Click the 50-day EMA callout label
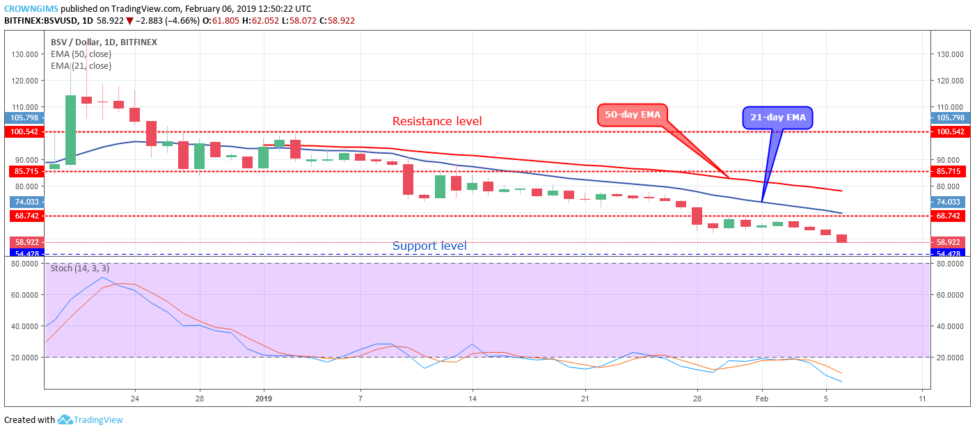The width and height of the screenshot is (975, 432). (x=632, y=114)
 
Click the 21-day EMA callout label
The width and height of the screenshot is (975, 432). (x=778, y=118)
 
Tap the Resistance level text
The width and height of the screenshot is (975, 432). (x=437, y=122)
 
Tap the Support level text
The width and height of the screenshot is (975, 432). (x=429, y=246)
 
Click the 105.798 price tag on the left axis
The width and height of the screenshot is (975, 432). (x=24, y=118)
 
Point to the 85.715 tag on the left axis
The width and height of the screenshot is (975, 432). (x=24, y=171)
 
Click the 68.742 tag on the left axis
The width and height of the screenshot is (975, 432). (x=24, y=216)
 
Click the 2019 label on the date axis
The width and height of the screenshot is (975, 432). (x=264, y=399)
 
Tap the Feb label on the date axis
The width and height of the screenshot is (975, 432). (x=762, y=399)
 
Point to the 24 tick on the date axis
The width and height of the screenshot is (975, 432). (x=134, y=399)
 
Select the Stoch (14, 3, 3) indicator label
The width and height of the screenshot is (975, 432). (x=79, y=268)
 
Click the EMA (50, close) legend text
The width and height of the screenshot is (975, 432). (x=81, y=54)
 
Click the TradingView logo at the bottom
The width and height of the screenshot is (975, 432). (x=90, y=419)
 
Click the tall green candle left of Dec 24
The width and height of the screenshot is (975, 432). (x=70, y=130)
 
